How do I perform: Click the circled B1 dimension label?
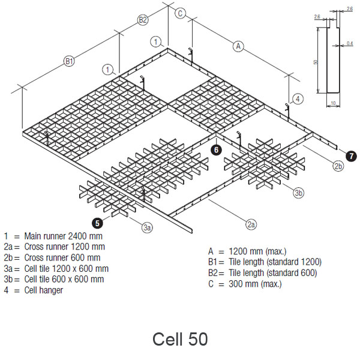[x=70, y=61]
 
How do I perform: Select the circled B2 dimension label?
[x=143, y=20]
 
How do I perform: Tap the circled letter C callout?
[x=181, y=13]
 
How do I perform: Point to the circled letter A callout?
[x=239, y=46]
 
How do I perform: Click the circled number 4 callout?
[x=298, y=98]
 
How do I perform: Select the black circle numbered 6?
[x=216, y=150]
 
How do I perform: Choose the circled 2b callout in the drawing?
[x=338, y=166]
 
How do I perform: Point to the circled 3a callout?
[x=148, y=227]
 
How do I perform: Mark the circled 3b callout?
[x=299, y=192]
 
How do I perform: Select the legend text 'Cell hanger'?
[x=43, y=290]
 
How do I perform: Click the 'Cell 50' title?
[x=180, y=339]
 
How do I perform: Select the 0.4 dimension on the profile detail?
[x=350, y=43]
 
